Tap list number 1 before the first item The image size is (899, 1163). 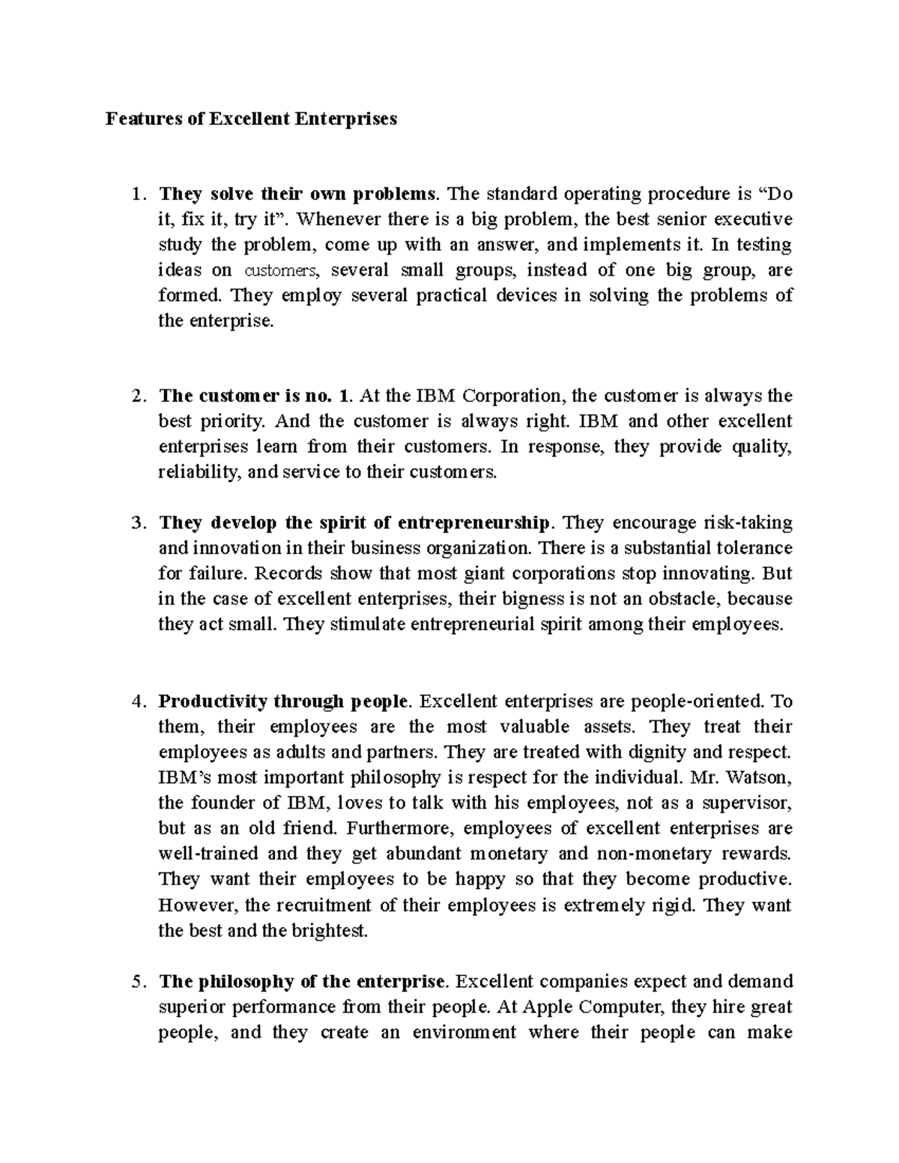click(x=135, y=195)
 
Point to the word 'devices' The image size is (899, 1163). click(x=526, y=296)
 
